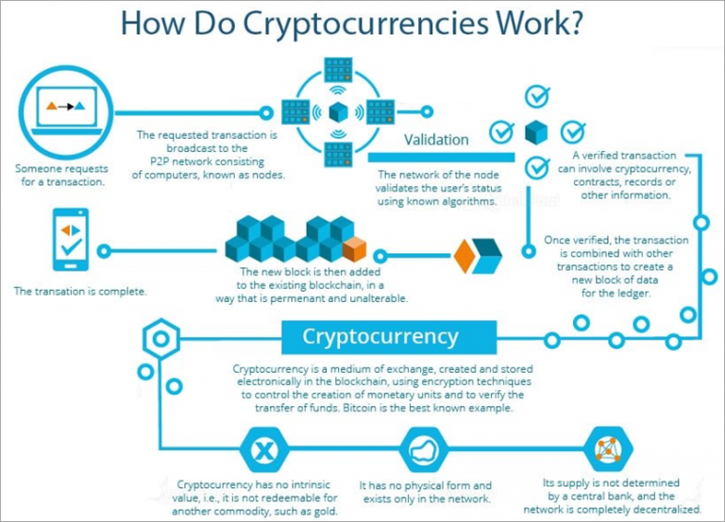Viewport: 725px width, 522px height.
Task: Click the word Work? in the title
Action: pyautogui.click(x=538, y=23)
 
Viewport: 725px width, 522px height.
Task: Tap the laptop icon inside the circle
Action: pyautogui.click(x=67, y=110)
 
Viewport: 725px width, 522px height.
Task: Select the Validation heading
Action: pyautogui.click(x=436, y=140)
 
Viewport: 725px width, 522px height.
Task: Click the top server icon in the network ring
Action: pyautogui.click(x=338, y=70)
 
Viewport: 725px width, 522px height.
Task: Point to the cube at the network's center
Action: pyautogui.click(x=338, y=112)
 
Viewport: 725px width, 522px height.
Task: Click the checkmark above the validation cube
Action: pyautogui.click(x=537, y=96)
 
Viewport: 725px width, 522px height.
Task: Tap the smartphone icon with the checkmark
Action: pyautogui.click(x=71, y=240)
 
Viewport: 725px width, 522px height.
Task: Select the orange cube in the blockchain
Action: pyautogui.click(x=355, y=249)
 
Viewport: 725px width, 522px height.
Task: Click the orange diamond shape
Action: pyautogui.click(x=464, y=255)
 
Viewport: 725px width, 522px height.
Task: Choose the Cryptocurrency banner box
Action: pyautogui.click(x=389, y=337)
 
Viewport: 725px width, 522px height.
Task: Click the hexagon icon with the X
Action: pyautogui.click(x=264, y=450)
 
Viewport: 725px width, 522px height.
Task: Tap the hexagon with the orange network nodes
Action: pyautogui.click(x=608, y=448)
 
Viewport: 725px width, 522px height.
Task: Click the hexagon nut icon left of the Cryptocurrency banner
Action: pyautogui.click(x=160, y=339)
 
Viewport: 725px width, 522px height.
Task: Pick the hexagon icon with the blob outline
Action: pyautogui.click(x=423, y=450)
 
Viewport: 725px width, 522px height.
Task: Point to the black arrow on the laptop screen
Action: pyautogui.click(x=67, y=107)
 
